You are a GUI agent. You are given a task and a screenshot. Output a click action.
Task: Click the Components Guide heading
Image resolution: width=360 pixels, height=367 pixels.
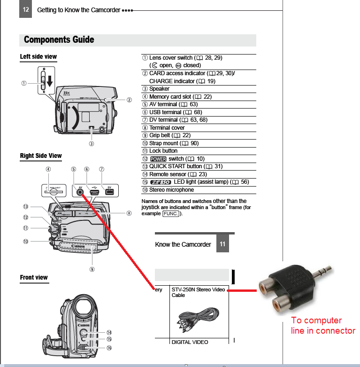[x=59, y=40]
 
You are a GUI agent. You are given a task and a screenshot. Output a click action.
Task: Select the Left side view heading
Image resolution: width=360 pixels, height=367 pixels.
[x=38, y=57]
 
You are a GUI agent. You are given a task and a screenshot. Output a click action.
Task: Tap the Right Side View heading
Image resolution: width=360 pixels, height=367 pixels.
[x=41, y=156]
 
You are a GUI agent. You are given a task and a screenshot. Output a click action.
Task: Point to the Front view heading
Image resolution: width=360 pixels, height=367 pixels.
[x=34, y=278]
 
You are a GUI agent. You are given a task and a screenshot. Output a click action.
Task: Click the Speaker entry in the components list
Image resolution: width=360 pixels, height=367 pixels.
[x=159, y=89]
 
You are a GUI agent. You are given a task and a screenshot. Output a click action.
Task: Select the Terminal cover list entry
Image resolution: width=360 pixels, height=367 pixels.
[x=167, y=128]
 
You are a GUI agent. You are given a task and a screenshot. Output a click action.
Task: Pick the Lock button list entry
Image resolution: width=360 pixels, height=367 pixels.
[x=163, y=151]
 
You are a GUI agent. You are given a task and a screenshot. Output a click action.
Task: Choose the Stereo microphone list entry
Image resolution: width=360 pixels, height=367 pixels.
[x=171, y=190]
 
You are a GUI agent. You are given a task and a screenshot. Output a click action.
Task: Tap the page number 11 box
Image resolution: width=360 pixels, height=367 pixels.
[x=222, y=244]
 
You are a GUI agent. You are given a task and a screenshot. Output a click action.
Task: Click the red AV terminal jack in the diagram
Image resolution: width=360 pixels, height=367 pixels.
[x=81, y=191]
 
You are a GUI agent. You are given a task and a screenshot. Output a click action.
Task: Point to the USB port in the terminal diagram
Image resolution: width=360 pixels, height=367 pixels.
[x=94, y=192]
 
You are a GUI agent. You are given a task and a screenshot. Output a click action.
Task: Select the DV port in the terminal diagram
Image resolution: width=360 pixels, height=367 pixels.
[x=109, y=192]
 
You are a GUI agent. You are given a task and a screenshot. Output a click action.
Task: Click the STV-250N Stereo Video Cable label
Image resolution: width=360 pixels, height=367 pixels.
[x=198, y=292]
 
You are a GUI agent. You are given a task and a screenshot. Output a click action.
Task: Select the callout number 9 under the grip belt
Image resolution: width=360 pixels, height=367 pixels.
[x=92, y=269]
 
